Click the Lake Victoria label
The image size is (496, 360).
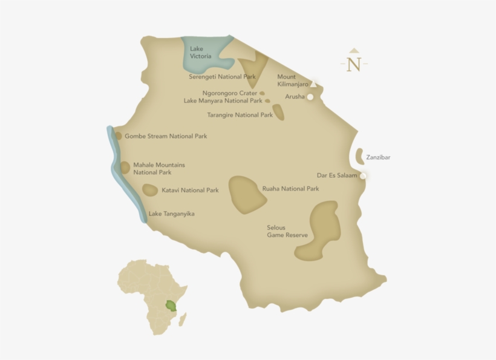coord(201,52)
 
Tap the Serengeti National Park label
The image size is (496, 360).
coord(222,77)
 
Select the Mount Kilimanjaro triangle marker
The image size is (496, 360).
coord(313,84)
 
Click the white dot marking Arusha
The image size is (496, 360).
coord(310,97)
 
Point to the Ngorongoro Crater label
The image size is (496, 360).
coord(230,93)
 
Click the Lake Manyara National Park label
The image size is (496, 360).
coord(223,101)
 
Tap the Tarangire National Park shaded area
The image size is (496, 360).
coord(278,113)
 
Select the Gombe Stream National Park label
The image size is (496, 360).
coord(166,136)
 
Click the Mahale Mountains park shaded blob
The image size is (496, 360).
coord(125,168)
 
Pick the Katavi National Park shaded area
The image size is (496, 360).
coord(150,190)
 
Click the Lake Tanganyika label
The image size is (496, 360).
coord(171,214)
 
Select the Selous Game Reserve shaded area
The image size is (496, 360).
coord(321,230)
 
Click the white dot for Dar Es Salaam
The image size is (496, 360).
coord(363,176)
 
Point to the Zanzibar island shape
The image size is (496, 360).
coord(359,156)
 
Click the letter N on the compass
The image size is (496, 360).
coord(354,64)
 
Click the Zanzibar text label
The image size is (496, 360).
coord(378,157)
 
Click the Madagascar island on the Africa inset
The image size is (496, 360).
coord(182,319)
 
